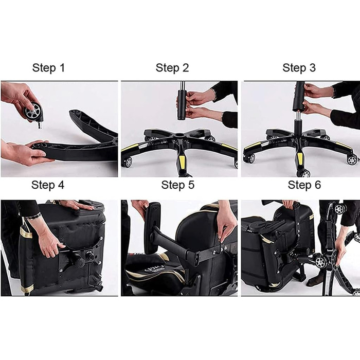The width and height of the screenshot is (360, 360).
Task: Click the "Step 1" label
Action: [48, 68]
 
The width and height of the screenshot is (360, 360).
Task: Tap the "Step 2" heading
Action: [172, 68]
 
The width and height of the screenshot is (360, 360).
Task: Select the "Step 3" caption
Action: [299, 68]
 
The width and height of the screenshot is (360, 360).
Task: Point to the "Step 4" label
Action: [48, 185]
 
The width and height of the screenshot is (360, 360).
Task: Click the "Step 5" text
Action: [178, 185]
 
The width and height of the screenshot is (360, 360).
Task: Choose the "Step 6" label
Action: [304, 185]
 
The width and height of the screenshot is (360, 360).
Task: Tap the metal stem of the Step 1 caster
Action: [40, 125]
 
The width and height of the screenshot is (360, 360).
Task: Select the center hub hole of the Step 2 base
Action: [180, 135]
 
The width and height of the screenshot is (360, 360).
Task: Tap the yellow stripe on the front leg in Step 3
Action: [300, 158]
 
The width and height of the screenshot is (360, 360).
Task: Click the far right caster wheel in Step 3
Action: [352, 160]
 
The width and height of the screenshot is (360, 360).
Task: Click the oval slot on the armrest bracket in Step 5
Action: [196, 262]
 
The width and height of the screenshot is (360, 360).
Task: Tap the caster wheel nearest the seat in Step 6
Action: [320, 262]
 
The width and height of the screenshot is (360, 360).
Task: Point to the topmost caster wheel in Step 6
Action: [339, 208]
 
